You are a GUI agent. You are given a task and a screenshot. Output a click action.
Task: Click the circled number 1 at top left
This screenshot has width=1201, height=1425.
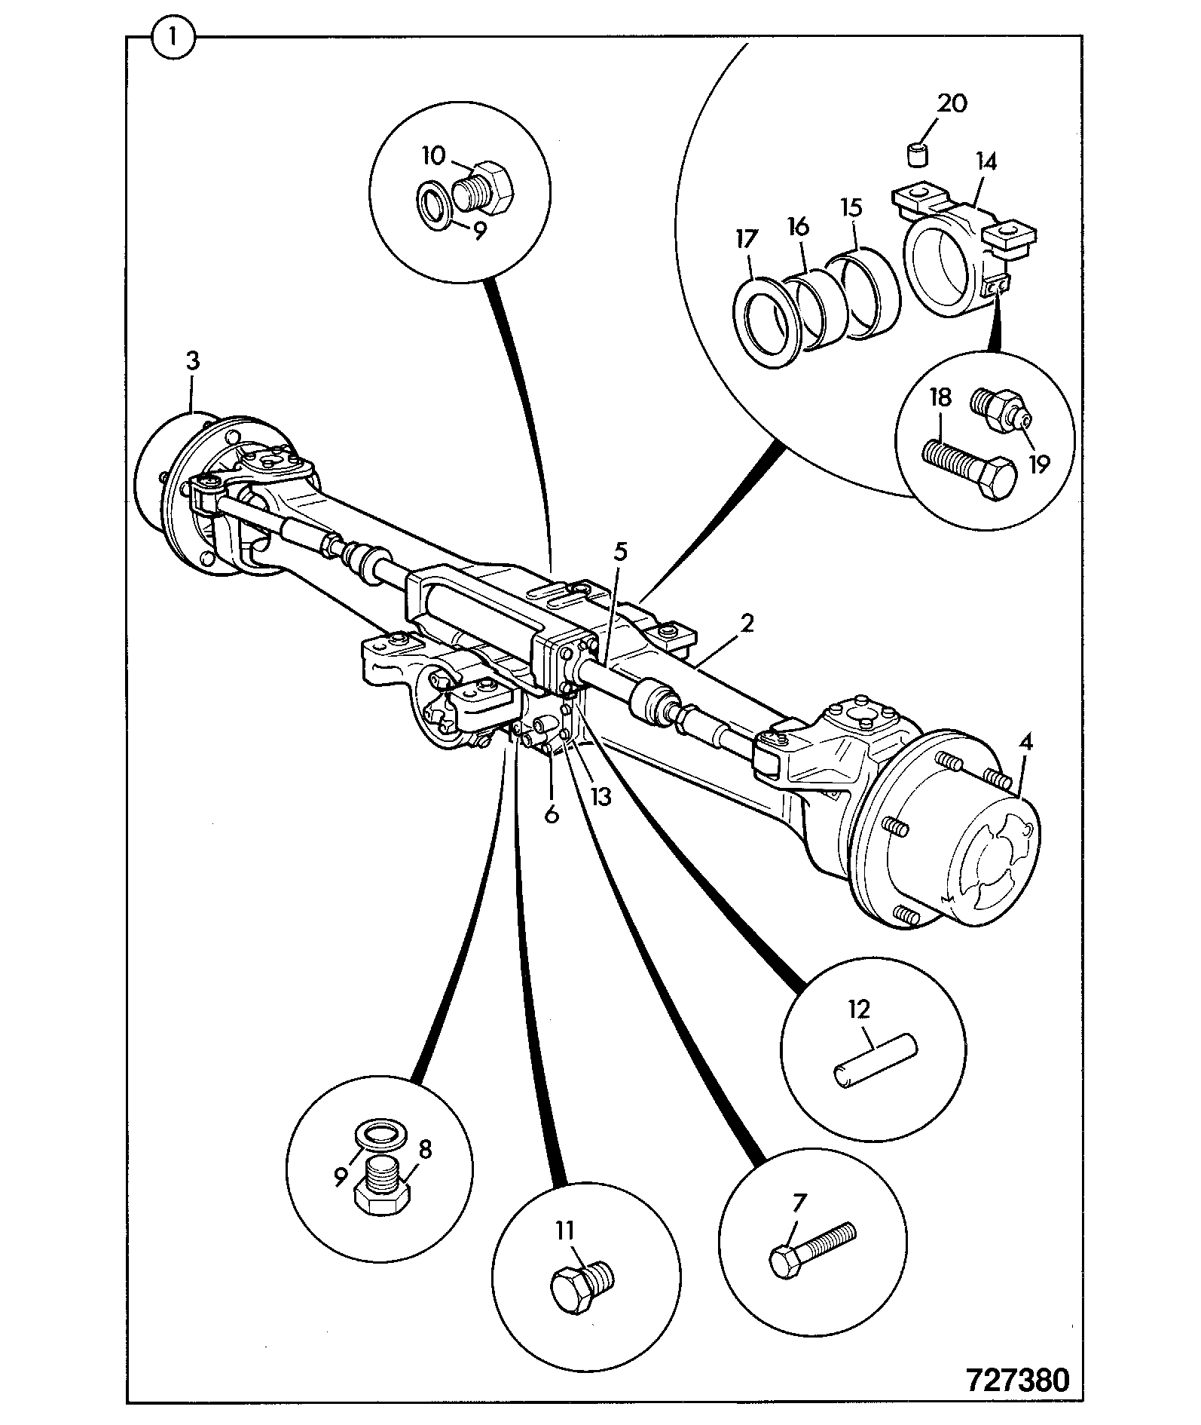[x=173, y=35]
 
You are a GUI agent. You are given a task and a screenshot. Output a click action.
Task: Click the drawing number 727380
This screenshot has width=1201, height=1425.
[x=1016, y=1380]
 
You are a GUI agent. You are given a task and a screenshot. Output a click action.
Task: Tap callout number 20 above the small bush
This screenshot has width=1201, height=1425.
[x=953, y=103]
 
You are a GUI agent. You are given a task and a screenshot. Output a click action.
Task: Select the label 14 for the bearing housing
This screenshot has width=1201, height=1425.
[x=986, y=162]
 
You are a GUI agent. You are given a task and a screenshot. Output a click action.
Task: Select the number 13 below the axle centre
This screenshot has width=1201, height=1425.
[x=600, y=797]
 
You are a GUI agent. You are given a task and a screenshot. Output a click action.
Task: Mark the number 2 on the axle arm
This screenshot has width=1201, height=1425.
[x=746, y=623]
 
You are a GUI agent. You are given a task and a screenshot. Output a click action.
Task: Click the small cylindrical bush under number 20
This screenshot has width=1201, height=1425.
[x=916, y=155]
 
